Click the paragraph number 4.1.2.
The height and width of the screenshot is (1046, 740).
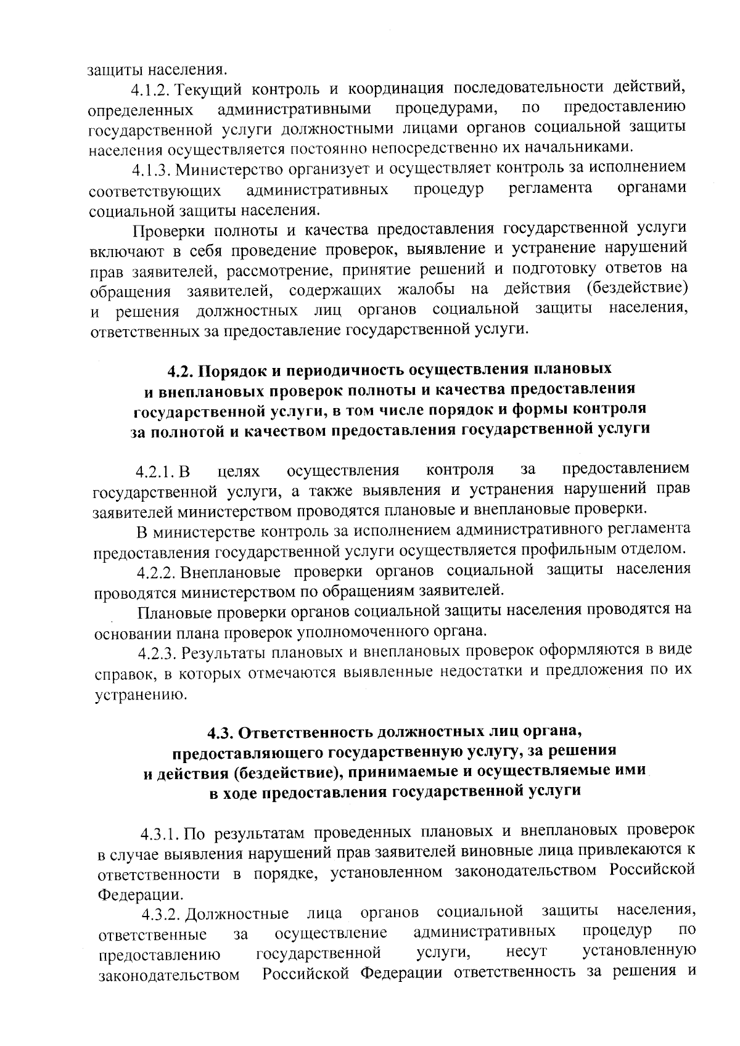tap(154, 90)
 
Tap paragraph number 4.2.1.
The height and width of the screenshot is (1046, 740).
tap(157, 473)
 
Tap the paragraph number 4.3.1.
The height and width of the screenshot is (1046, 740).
tap(161, 835)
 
